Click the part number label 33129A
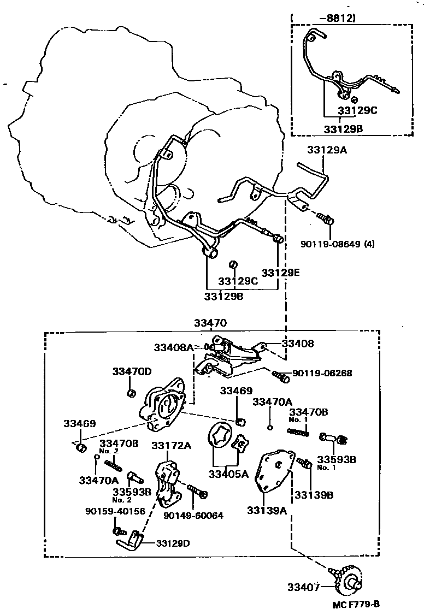327,149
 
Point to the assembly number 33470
210,323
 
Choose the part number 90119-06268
322,373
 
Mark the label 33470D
132,371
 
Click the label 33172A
171,445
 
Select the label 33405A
228,474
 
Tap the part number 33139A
267,510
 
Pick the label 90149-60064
193,515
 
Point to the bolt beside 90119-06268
280,375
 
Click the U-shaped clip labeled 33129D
130,543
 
